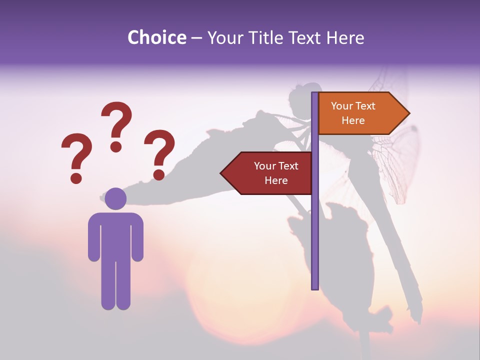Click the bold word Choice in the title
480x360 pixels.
click(156, 38)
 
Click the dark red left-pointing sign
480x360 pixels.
click(270, 173)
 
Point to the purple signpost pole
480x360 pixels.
click(315, 225)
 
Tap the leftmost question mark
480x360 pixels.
click(76, 152)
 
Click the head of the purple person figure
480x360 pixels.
click(115, 198)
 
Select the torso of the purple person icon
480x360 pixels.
click(115, 235)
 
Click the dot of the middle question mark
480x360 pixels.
click(116, 146)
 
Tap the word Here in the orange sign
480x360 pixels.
click(353, 120)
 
